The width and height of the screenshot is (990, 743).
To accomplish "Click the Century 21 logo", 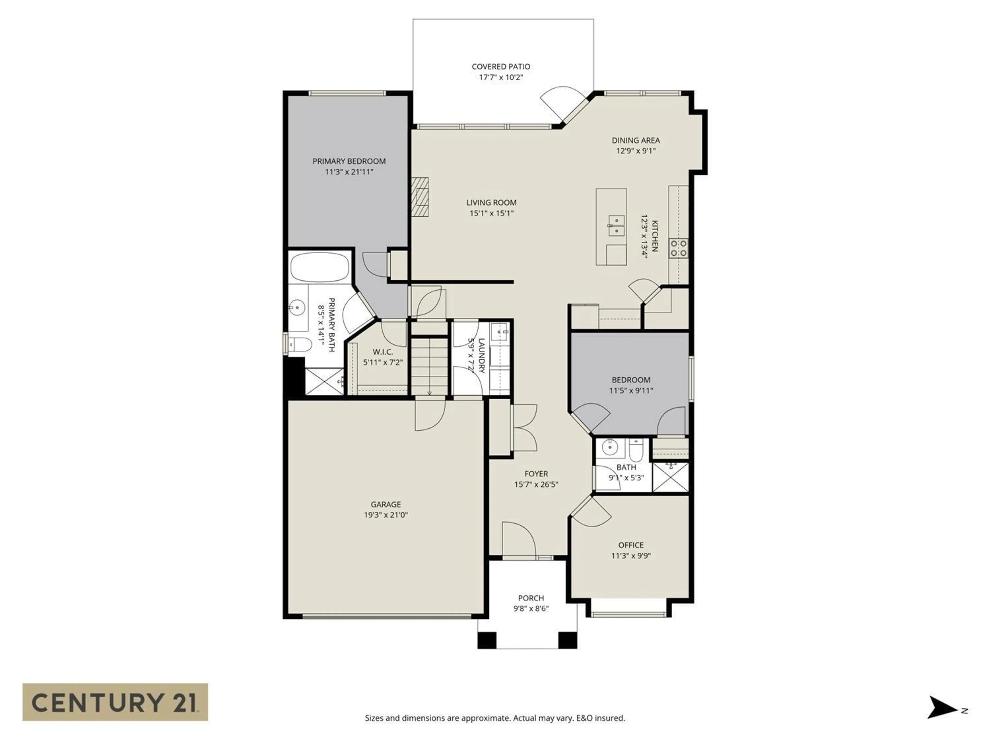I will (115, 702).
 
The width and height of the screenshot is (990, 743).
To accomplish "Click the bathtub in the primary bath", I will (319, 267).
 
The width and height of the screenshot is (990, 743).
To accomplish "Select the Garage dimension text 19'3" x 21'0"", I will (385, 515).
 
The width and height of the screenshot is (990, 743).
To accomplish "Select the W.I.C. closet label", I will (383, 352).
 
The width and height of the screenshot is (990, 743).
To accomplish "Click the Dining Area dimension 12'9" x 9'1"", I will (636, 151).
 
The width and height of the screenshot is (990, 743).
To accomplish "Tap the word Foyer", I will (536, 473).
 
